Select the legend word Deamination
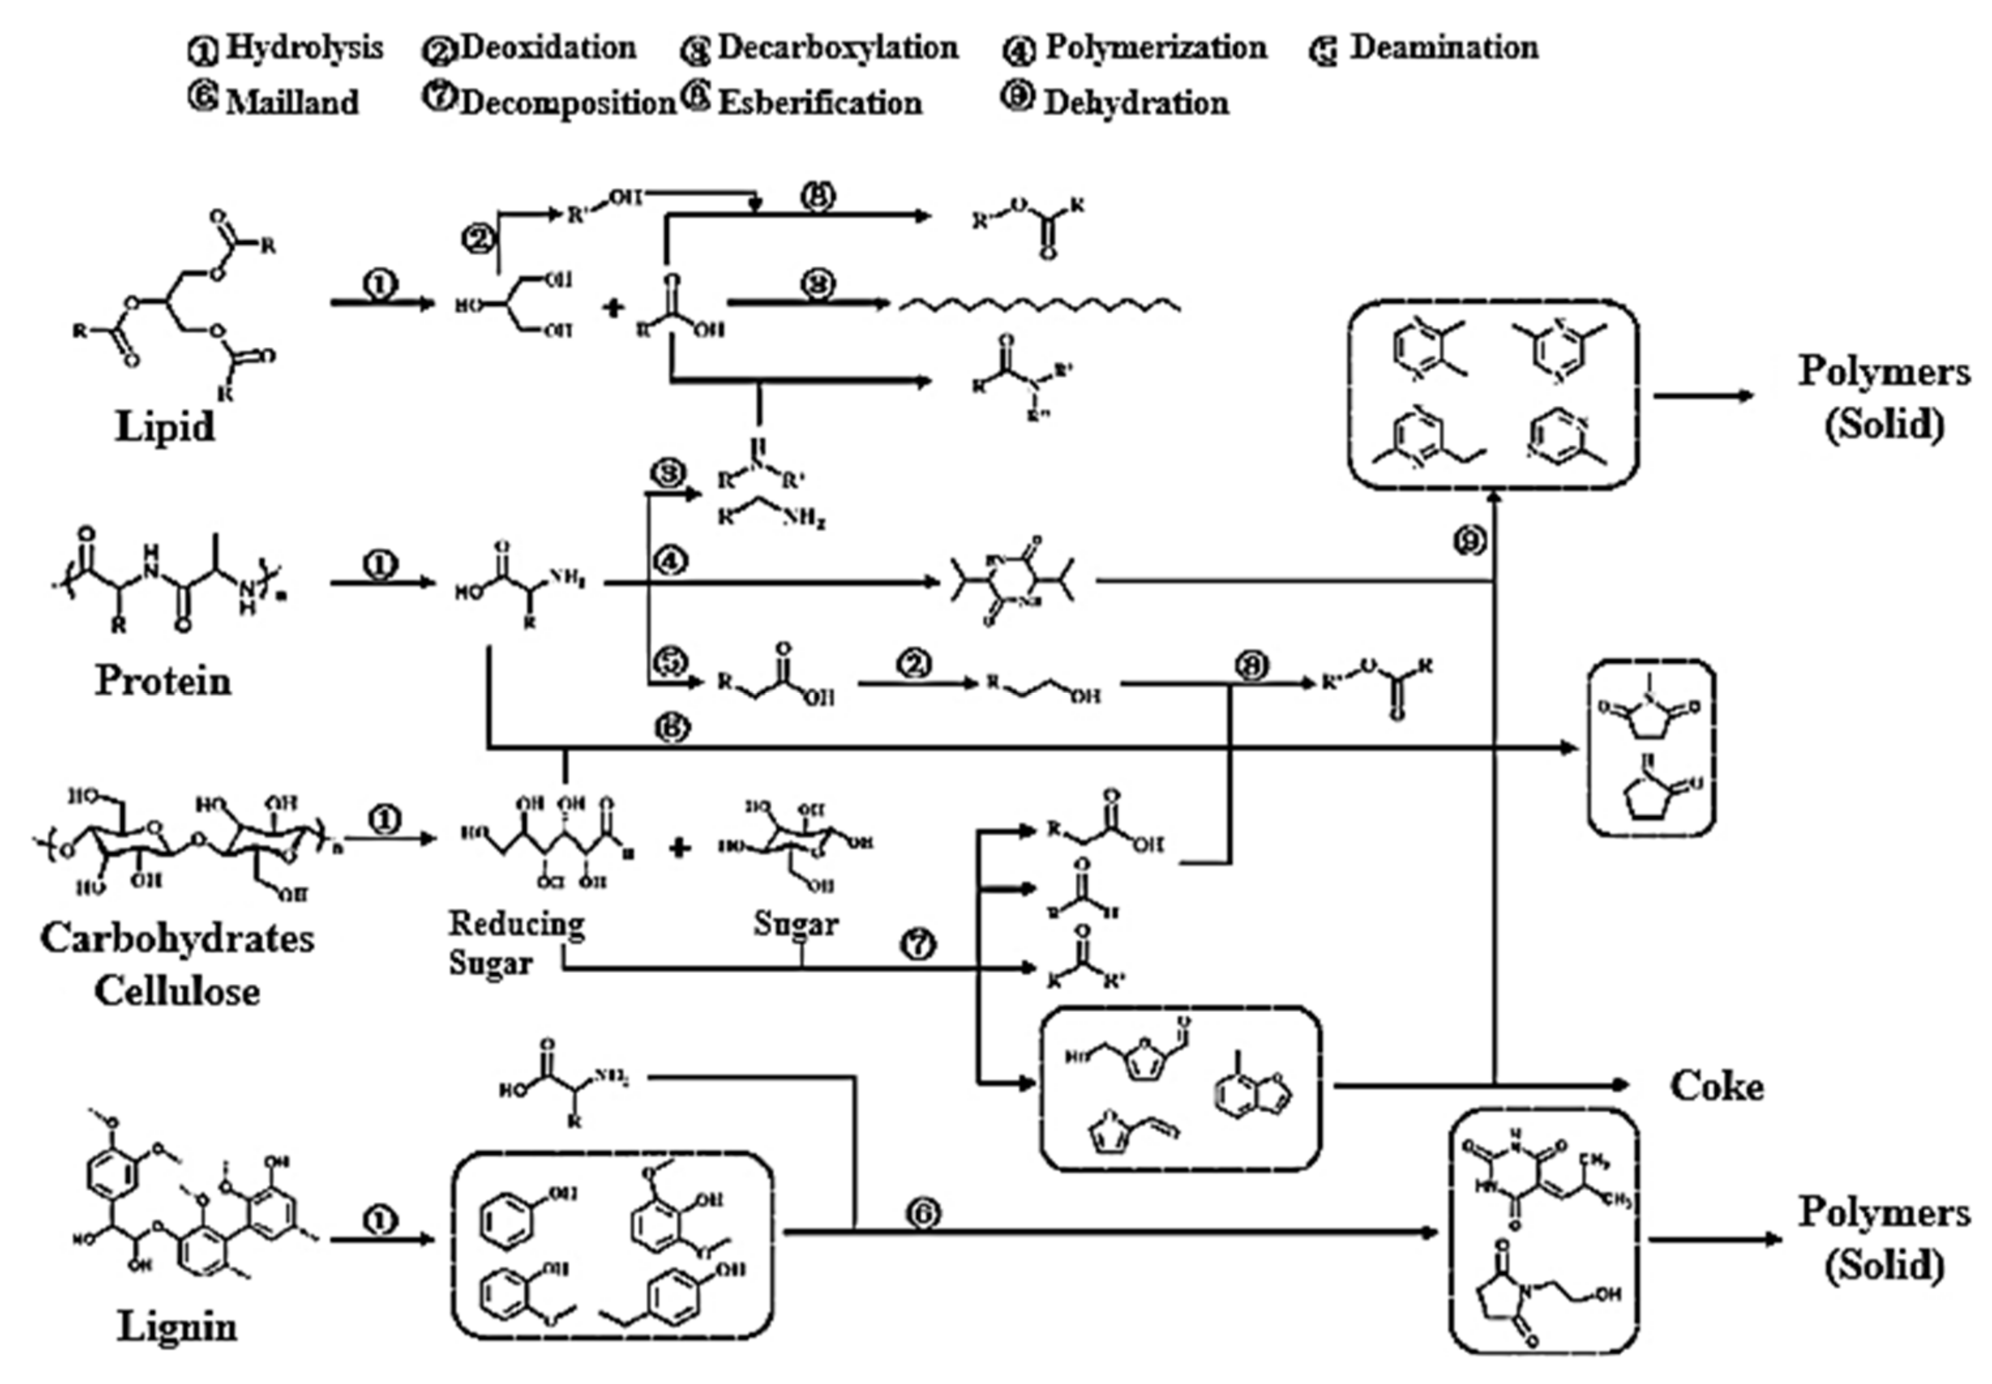(1443, 48)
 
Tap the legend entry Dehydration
(1136, 102)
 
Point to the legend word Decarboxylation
(838, 48)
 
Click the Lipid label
(165, 427)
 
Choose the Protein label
(163, 681)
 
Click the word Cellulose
(177, 991)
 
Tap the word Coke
(1716, 1086)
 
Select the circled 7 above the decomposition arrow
(919, 943)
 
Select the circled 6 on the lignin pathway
(923, 1212)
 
